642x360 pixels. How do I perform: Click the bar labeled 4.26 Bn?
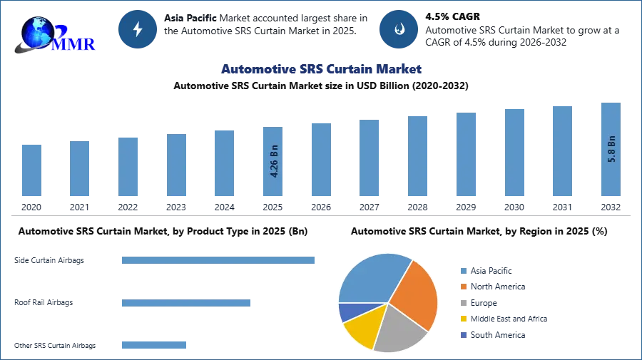tap(273, 163)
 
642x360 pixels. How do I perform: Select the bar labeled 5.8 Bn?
tap(611, 150)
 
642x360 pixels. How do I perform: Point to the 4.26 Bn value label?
tap(274, 161)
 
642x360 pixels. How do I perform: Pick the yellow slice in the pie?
tap(360, 329)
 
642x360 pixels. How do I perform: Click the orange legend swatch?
tap(463, 287)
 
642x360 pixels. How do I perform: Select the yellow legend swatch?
tap(463, 319)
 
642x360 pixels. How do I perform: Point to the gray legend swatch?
tap(463, 303)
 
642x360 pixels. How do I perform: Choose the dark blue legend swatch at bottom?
tap(463, 336)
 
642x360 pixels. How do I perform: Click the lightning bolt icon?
tap(138, 29)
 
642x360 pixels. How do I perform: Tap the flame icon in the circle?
tap(399, 29)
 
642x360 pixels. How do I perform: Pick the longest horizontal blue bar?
tap(219, 262)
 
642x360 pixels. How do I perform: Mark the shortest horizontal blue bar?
tap(153, 345)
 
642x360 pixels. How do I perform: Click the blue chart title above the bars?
tap(320, 69)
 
